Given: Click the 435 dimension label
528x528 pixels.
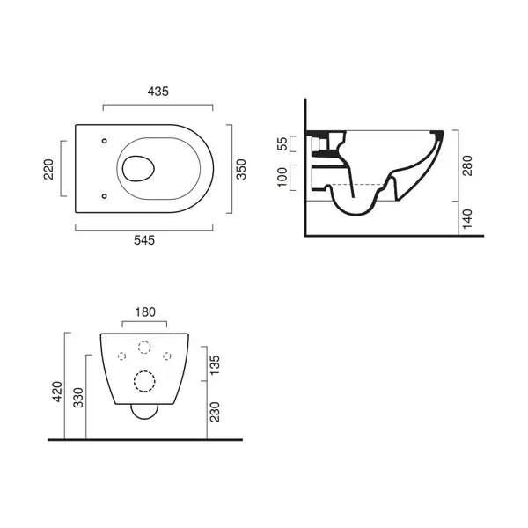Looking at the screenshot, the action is [x=158, y=92].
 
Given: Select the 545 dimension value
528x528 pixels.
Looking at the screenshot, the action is [x=144, y=240].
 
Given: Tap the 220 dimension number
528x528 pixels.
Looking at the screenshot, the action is [x=48, y=169].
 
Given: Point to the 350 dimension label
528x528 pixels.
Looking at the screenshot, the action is [x=241, y=169].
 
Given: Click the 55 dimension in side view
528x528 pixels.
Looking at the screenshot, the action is [x=282, y=143].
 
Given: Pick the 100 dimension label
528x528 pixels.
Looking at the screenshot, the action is [x=282, y=177].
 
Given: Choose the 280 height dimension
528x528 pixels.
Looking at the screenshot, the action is [x=467, y=165].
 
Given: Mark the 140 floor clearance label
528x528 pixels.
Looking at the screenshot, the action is [x=467, y=219].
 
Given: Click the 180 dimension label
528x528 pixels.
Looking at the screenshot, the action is [x=145, y=312].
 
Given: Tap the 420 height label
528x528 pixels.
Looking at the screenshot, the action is [x=58, y=392].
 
